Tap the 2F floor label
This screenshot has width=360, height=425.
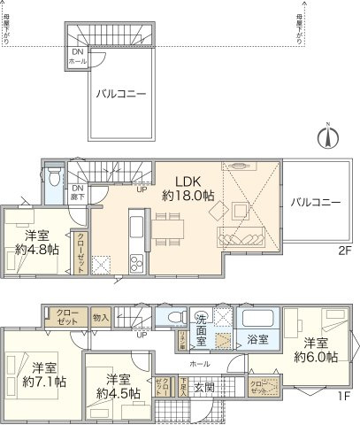(343, 250)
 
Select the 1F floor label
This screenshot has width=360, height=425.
(343, 394)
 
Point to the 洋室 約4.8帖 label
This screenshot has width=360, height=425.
(37, 243)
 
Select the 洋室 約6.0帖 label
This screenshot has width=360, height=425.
(317, 349)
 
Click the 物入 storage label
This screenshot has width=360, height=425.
(101, 318)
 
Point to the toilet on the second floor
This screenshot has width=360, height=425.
(55, 177)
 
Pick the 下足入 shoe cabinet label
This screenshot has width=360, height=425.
(182, 385)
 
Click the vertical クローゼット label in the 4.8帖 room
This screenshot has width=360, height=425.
(81, 252)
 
